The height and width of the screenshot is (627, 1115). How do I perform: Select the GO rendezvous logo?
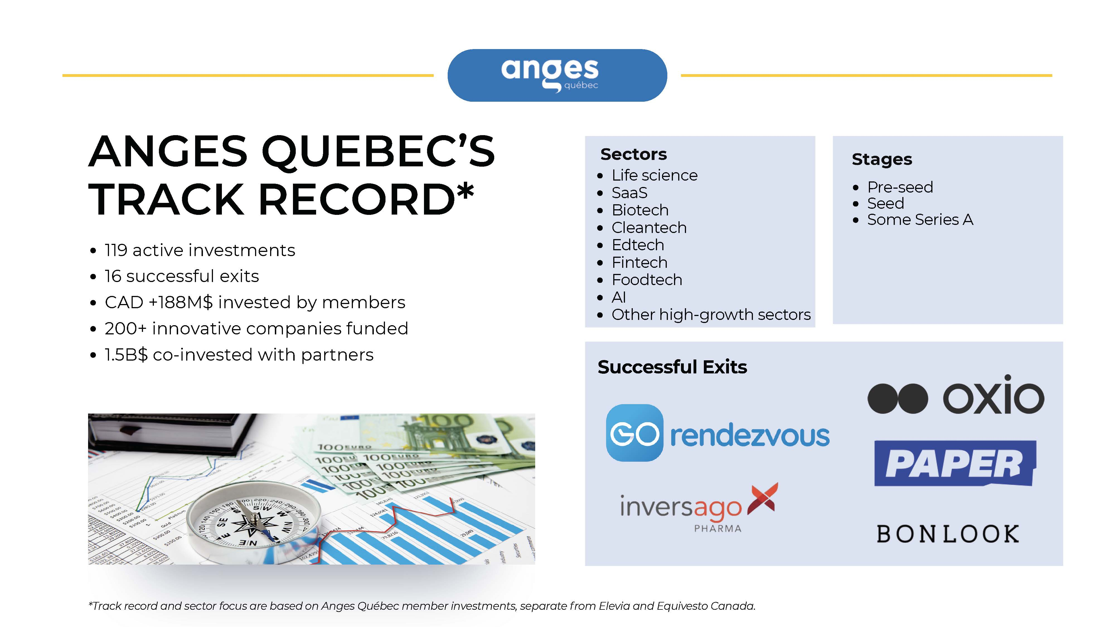coord(718,433)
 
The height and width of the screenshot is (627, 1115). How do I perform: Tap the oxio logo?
coord(956,395)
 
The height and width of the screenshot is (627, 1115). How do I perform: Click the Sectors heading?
coord(634,154)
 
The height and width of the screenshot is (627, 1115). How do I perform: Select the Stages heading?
coord(882,159)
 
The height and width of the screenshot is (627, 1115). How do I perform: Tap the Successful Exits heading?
coord(672,367)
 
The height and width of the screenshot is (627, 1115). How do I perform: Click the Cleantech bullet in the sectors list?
coord(649,228)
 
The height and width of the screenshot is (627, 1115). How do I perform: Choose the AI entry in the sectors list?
coord(619,297)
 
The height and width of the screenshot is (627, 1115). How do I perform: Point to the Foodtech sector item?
coord(647,280)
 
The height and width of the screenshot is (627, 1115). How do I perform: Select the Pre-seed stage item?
coord(900,187)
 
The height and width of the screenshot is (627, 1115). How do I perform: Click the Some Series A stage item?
coord(920,220)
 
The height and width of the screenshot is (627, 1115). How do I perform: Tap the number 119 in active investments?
coord(116,250)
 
